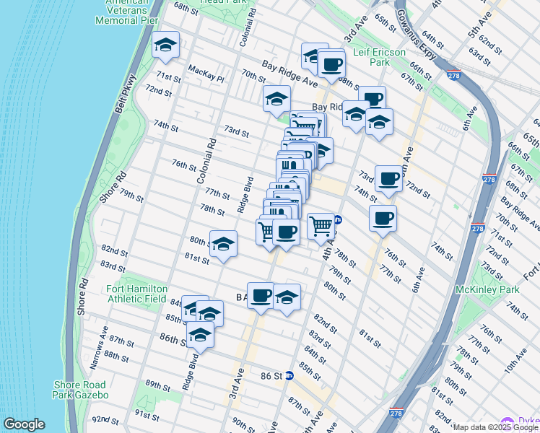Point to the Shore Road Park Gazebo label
coord(80,390)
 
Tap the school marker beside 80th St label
coord(223,243)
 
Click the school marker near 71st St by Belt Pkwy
coord(166,45)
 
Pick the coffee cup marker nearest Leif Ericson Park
coord(331,64)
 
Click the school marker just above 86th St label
coord(200,334)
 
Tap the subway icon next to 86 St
coord(289,375)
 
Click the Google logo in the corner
coord(24,424)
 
